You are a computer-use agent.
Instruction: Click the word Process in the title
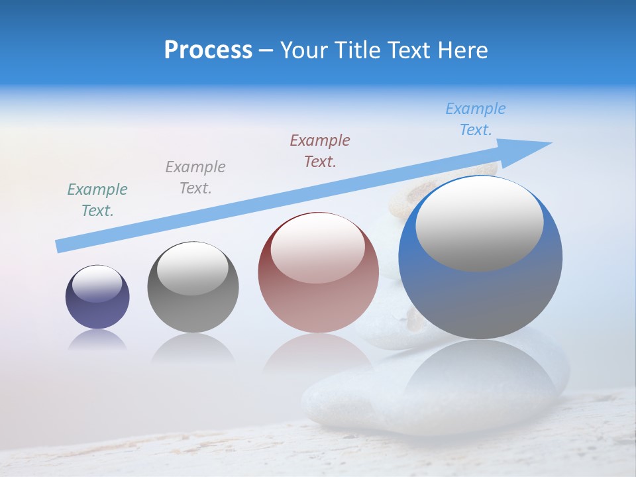pos(208,50)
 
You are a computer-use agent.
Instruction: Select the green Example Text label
pos(97,200)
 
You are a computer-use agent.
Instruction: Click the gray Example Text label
pos(195,178)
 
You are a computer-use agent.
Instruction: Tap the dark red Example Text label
pos(320,151)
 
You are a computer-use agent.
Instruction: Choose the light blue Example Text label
pos(476,119)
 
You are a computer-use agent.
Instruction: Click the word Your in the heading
pos(303,50)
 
